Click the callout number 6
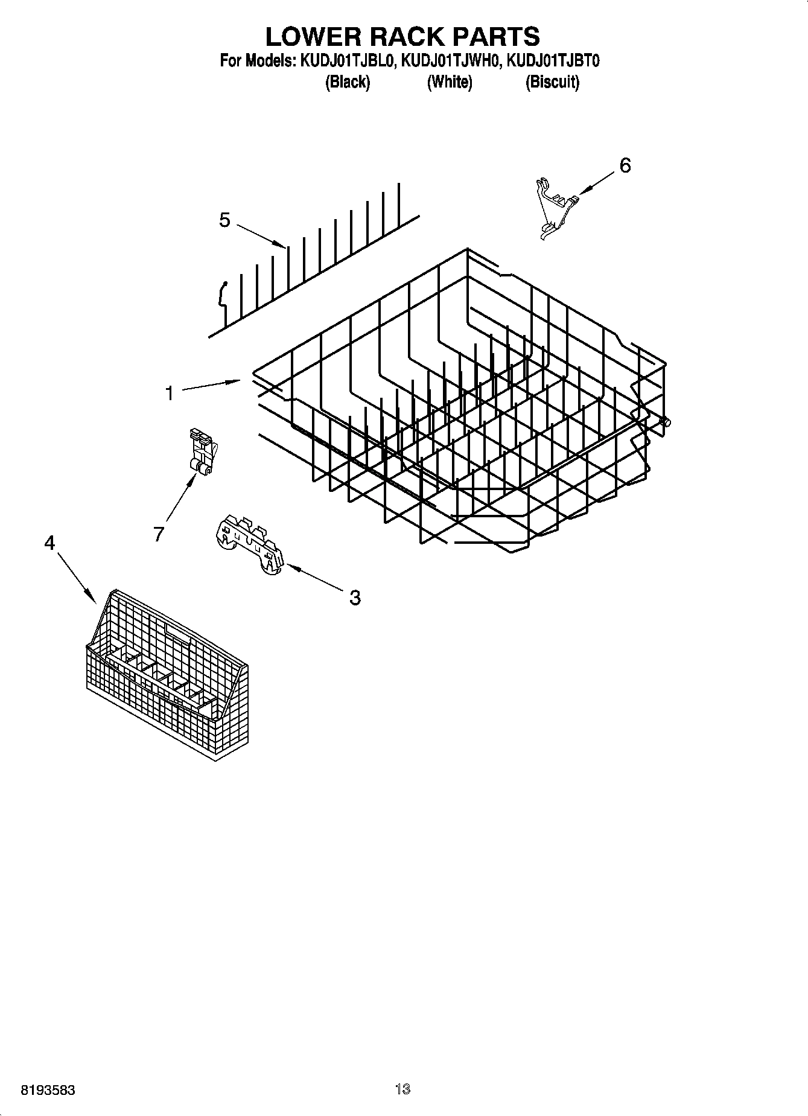point(625,165)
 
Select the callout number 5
point(224,220)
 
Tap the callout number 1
point(170,394)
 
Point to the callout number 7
point(159,534)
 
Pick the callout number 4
point(49,543)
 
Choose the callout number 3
point(355,598)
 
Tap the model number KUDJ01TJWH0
point(451,61)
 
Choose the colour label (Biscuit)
point(552,82)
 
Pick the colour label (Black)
point(347,82)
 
